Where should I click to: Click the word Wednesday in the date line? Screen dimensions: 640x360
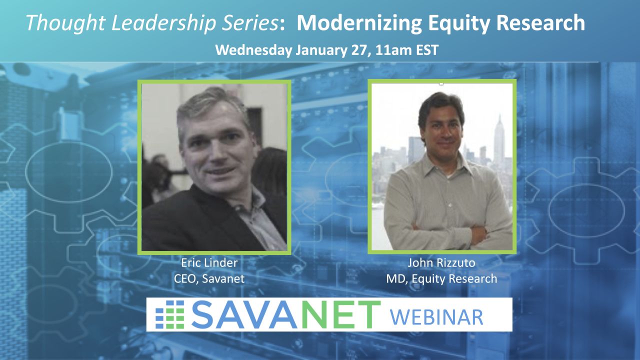tap(253, 50)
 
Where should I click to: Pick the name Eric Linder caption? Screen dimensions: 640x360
tap(209, 263)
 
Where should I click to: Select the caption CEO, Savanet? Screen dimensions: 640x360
tap(209, 278)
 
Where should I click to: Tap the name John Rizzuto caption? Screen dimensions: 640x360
tap(441, 263)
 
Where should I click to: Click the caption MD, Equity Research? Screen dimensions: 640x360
tap(441, 279)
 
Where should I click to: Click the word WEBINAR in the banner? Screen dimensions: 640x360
tap(436, 317)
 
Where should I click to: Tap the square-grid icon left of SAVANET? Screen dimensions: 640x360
tap(169, 314)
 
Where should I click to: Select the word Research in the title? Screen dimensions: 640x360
tap(540, 23)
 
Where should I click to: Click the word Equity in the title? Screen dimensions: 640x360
tap(459, 23)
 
